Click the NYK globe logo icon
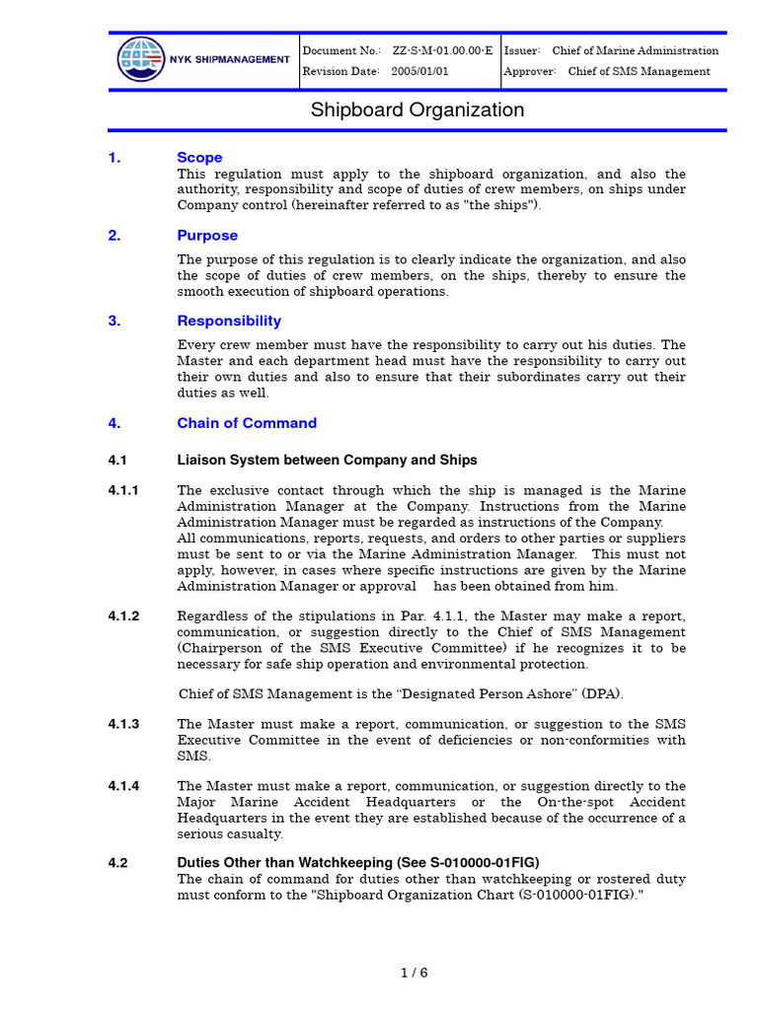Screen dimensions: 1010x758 [x=141, y=59]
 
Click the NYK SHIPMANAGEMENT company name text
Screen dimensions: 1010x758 [x=228, y=60]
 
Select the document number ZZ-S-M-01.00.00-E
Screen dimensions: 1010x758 [x=442, y=50]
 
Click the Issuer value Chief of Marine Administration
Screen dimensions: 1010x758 [x=635, y=50]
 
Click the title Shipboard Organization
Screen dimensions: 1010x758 [x=417, y=109]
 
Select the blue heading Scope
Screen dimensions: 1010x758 [x=199, y=157]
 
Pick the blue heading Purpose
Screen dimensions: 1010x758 [x=207, y=235]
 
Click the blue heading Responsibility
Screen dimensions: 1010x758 [x=229, y=321]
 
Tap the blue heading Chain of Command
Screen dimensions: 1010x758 [x=247, y=423]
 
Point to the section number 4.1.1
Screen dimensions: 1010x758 [x=123, y=490]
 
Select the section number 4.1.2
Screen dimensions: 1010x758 [x=123, y=615]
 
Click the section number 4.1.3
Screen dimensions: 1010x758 [x=123, y=724]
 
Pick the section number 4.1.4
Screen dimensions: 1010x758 [x=123, y=786]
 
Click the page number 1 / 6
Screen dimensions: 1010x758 [x=415, y=973]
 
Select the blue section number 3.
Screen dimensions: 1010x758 [x=114, y=321]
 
